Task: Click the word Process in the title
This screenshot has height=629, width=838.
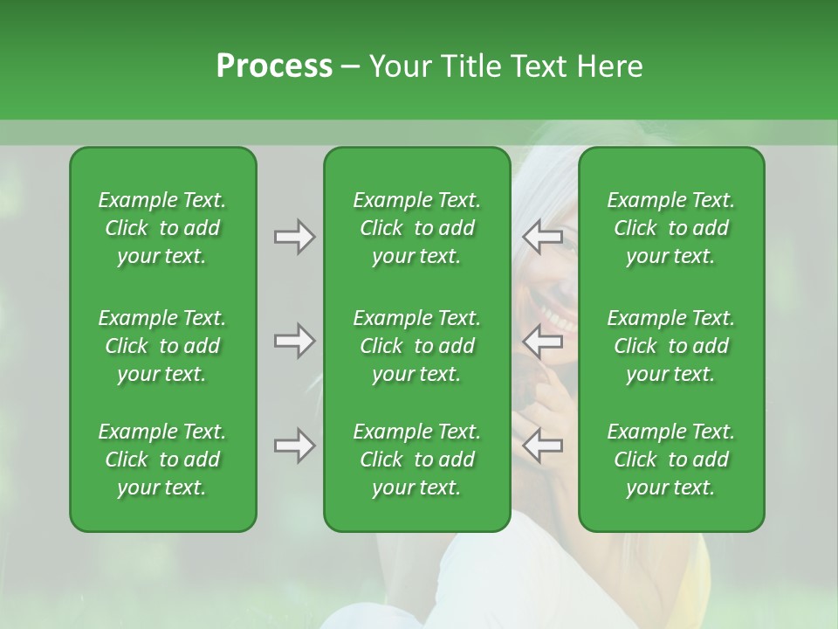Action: (274, 66)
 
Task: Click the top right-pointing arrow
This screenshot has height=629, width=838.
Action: (294, 237)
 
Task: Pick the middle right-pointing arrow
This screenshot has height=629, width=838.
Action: (294, 341)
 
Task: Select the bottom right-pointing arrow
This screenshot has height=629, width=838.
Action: (294, 446)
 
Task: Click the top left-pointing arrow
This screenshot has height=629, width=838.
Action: (543, 237)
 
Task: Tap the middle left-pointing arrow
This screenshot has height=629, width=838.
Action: (543, 341)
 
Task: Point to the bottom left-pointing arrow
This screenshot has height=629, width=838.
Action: (543, 446)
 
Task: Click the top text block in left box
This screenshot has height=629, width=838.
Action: (162, 228)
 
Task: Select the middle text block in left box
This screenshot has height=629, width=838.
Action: (162, 346)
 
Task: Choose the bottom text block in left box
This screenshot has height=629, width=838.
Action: (162, 460)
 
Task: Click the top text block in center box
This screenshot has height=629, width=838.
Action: (416, 228)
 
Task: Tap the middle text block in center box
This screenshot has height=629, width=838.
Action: (416, 346)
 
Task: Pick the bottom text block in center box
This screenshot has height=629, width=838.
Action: (416, 460)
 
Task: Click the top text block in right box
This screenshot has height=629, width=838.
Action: (670, 228)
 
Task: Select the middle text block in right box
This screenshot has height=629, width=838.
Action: (670, 346)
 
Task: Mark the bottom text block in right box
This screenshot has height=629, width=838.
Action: (670, 460)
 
